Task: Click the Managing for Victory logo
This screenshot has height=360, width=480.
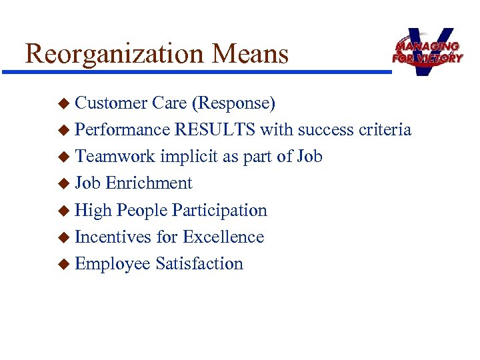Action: tap(427, 51)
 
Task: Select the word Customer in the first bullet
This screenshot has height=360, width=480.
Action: tap(111, 103)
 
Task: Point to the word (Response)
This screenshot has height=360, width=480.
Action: tap(233, 103)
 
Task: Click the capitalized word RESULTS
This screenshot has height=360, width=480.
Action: tap(215, 130)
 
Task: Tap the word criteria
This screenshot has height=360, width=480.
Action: tap(383, 130)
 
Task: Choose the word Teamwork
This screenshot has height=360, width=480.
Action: tap(115, 157)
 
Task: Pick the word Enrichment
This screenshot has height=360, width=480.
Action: tap(149, 183)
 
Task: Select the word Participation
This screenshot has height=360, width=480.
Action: tap(219, 211)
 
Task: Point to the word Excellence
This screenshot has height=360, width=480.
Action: tap(223, 237)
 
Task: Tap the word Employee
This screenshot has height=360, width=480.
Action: tap(113, 264)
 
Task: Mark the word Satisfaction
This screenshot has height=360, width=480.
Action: tap(199, 263)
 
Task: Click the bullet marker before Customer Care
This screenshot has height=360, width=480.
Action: tap(63, 104)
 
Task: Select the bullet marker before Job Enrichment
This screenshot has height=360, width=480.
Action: tap(63, 184)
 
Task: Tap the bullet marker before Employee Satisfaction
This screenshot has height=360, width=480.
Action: tap(63, 264)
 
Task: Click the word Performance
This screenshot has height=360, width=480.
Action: tap(123, 130)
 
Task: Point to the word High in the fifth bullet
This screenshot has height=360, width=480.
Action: tap(93, 211)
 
